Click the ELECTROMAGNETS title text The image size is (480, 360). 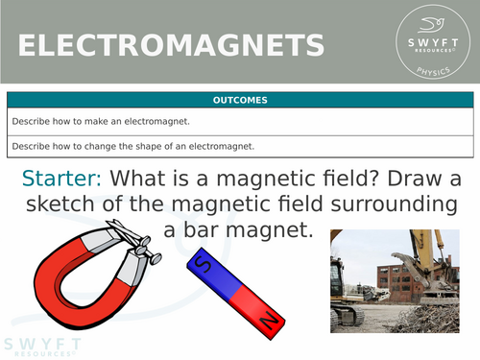point(170,45)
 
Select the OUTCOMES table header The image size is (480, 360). point(240,100)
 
